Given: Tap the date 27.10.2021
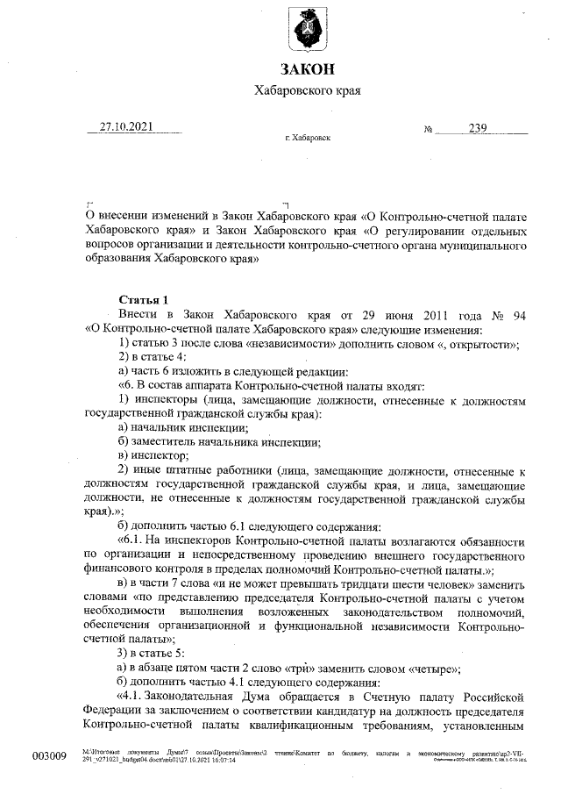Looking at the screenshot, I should coord(126,127).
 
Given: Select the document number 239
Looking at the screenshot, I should coord(477,128).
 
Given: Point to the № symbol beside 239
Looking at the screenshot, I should coord(429,129).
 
